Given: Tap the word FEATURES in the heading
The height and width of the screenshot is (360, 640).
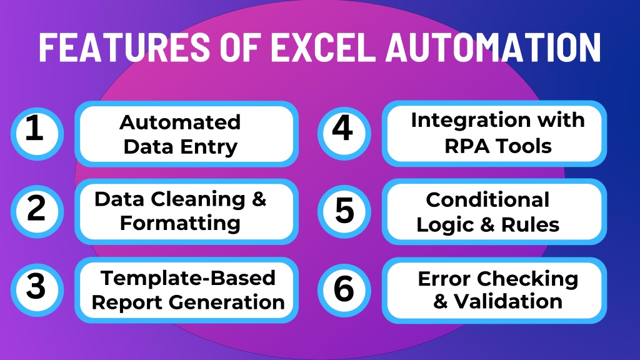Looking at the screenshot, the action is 124,47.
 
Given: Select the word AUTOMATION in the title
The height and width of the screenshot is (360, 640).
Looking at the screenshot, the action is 494,47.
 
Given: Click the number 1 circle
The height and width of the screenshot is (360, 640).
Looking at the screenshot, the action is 37,134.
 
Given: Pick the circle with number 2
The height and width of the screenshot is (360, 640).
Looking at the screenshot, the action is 37,211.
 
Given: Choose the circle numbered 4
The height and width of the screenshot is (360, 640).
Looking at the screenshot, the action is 344,134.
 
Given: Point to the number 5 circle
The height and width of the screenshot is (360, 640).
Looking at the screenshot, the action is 344,211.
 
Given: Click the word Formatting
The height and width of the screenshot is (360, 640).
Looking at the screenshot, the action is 180,224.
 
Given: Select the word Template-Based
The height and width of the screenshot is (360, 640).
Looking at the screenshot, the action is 188,278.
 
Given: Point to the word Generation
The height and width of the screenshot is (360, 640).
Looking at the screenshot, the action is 226,302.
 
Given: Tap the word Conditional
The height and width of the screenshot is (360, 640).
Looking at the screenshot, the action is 487,200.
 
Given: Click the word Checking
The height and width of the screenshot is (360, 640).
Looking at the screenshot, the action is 527,280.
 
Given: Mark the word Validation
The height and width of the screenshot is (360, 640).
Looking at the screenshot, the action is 508,302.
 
